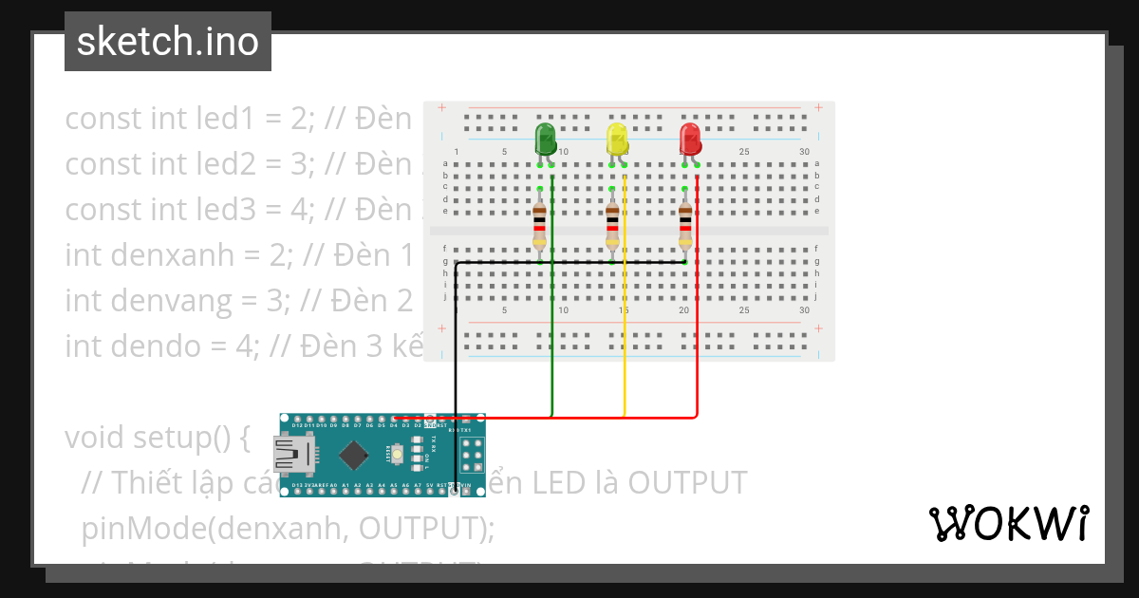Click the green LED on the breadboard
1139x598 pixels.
(x=545, y=139)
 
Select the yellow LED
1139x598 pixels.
(x=617, y=139)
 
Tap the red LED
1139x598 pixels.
(x=690, y=139)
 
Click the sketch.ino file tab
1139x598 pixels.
(x=168, y=42)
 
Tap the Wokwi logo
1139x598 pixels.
(x=1007, y=523)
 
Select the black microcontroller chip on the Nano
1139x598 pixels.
(x=352, y=456)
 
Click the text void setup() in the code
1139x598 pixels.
(x=157, y=438)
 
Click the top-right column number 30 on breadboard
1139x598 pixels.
(x=805, y=152)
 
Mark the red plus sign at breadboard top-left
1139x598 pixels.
(x=441, y=108)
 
